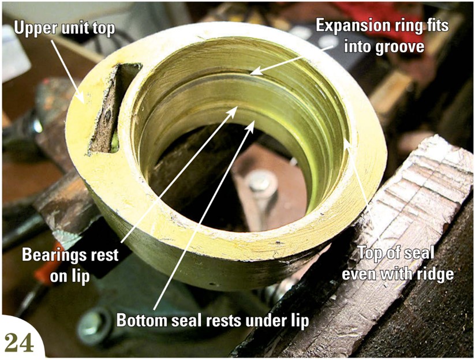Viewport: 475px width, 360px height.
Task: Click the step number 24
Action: tap(19, 343)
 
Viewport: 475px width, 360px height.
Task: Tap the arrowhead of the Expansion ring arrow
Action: tap(255, 72)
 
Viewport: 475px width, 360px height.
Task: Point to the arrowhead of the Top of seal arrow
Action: tap(347, 142)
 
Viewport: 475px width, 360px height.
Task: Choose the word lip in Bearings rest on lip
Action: tap(81, 276)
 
